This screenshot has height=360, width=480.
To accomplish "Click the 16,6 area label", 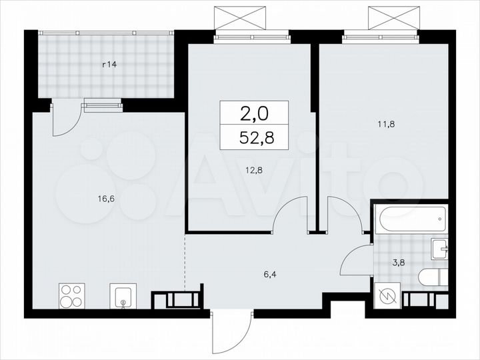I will pos(105,198).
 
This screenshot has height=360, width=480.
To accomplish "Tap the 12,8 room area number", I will pos(252,169).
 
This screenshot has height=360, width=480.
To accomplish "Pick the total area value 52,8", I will pos(255,138).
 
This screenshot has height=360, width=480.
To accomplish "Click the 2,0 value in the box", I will pos(255,113).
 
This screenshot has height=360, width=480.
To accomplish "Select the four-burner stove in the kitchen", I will pos(72,296).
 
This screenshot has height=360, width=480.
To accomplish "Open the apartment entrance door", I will pos(231,333).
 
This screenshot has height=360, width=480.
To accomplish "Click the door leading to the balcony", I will pos(67,121).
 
